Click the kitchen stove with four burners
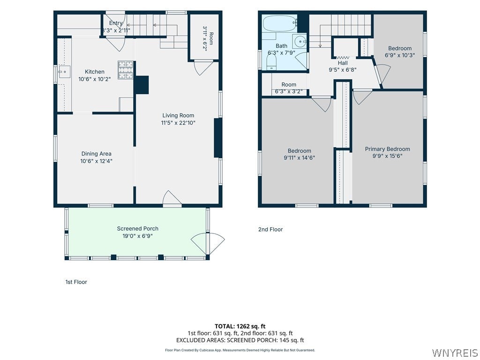126,70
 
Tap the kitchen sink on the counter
64,72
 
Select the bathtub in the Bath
280,23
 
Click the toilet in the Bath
271,63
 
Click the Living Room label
178,115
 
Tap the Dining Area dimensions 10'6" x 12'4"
96,161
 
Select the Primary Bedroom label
387,149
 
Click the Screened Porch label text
138,228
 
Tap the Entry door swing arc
117,44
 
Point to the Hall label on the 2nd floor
343,63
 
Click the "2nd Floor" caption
270,229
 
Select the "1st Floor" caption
76,282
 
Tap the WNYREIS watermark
455,352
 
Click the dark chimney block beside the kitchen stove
142,85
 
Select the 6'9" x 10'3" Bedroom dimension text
400,55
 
